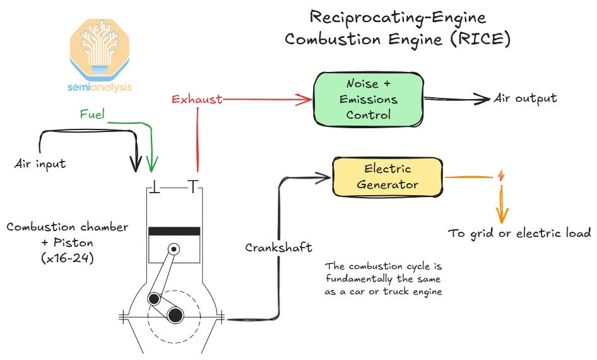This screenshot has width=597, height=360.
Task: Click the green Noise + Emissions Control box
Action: pos(369,99)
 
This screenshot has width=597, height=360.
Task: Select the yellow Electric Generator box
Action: pos(388,176)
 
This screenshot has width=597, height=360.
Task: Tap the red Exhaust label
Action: pos(196,99)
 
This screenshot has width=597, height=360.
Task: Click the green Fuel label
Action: pos(92,115)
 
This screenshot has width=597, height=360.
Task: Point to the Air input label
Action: pos(40,164)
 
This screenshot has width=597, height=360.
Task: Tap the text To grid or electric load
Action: pos(519,233)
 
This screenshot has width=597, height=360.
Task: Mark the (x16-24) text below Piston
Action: pos(67,256)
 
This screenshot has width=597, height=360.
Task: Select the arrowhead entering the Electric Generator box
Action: pos(326,177)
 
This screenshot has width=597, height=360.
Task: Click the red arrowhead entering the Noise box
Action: pos(308,99)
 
